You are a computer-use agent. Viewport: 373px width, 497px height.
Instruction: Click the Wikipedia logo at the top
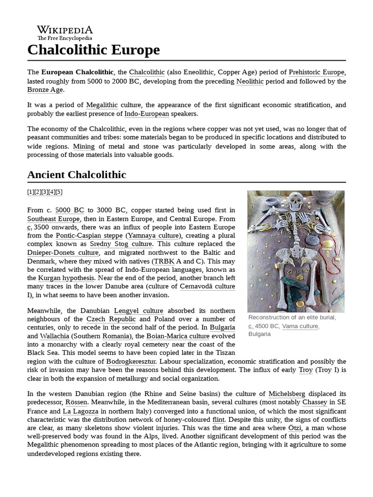click(65, 33)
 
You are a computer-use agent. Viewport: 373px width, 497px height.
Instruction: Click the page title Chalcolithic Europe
click(93, 50)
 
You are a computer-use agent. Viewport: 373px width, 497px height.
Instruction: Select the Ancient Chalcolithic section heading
click(76, 175)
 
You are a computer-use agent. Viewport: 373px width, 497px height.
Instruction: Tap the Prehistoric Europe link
click(316, 72)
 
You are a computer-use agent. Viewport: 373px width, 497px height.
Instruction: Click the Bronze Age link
click(45, 90)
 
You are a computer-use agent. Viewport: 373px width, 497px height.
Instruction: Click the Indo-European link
click(147, 114)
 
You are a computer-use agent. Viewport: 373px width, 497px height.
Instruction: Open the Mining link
click(84, 146)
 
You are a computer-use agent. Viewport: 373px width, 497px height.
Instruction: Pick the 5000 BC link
click(69, 210)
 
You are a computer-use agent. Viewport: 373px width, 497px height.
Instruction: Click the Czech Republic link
click(111, 319)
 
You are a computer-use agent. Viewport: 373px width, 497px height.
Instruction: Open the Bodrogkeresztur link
click(131, 362)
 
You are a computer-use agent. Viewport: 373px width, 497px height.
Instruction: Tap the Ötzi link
click(295, 428)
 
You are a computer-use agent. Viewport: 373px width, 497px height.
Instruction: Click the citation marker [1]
click(31, 192)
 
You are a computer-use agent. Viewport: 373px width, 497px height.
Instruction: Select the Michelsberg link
click(288, 394)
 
